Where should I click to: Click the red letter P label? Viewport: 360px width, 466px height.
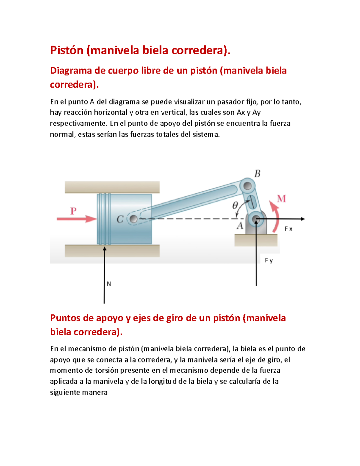(73, 211)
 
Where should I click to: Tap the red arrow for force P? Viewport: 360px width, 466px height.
(76, 219)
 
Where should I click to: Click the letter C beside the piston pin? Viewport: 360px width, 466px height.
(120, 219)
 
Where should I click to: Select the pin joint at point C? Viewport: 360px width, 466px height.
(133, 219)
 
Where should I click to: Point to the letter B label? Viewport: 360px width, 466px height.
(257, 174)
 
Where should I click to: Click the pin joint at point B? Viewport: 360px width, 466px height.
(247, 186)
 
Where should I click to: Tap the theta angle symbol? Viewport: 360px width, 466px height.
(235, 206)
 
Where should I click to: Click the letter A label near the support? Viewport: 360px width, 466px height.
(240, 226)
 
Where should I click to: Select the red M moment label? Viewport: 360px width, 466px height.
(281, 199)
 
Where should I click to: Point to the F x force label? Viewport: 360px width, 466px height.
(288, 229)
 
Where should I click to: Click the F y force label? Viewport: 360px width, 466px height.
(269, 260)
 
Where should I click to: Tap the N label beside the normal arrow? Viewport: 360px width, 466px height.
(109, 284)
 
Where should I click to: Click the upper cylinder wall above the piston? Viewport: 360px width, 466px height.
(112, 187)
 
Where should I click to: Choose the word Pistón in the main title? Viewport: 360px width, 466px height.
(67, 50)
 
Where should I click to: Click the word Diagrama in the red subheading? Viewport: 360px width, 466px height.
(71, 71)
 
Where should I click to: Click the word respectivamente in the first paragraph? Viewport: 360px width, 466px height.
(78, 124)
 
